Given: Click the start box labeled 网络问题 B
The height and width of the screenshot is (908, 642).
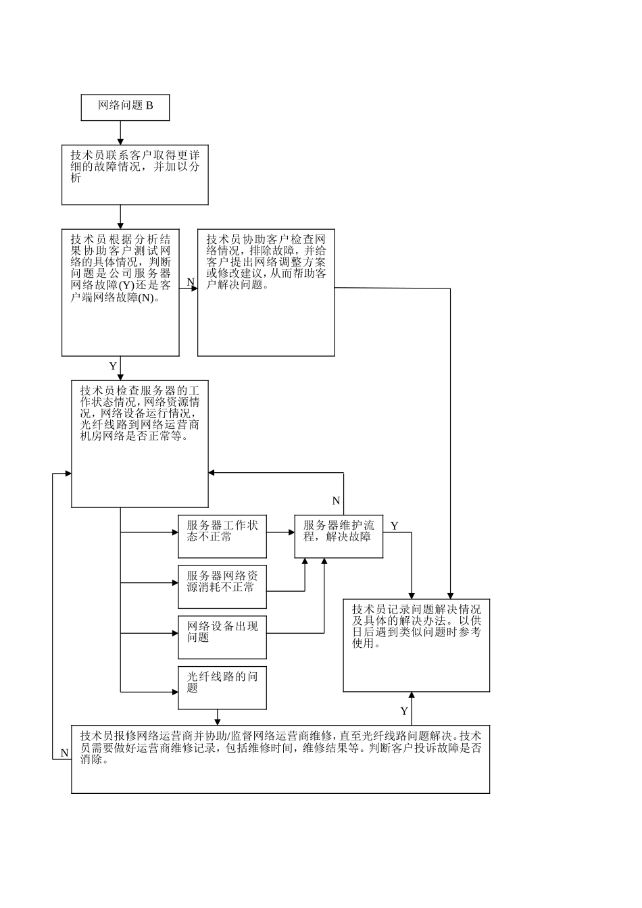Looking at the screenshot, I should click(x=125, y=107).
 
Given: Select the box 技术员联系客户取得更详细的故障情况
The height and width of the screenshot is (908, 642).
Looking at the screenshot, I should click(x=135, y=175).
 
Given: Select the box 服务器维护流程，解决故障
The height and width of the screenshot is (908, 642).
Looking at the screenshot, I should click(x=339, y=536).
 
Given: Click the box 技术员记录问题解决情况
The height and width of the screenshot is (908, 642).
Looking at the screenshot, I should click(x=416, y=645).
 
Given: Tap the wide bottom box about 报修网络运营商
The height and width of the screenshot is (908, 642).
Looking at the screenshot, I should click(x=280, y=759).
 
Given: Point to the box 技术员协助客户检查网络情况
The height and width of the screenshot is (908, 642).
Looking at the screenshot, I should click(x=266, y=293).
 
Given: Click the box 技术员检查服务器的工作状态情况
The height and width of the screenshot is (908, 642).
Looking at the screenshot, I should click(x=140, y=444).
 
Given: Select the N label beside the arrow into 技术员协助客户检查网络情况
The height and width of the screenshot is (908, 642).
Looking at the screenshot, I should click(x=191, y=282).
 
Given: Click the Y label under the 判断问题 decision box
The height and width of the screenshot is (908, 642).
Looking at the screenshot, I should click(x=113, y=366).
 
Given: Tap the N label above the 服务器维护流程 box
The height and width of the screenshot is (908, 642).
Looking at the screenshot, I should click(x=336, y=501).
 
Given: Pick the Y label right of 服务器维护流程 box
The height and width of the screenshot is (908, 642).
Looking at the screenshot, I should click(x=395, y=526).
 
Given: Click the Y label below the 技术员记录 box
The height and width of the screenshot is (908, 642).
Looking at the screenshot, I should click(x=404, y=711).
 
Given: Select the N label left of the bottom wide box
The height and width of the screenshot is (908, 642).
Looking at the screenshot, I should click(x=65, y=753).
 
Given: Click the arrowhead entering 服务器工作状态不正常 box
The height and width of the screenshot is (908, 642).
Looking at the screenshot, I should click(x=174, y=532).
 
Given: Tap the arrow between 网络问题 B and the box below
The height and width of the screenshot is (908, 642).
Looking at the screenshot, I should click(x=121, y=133).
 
